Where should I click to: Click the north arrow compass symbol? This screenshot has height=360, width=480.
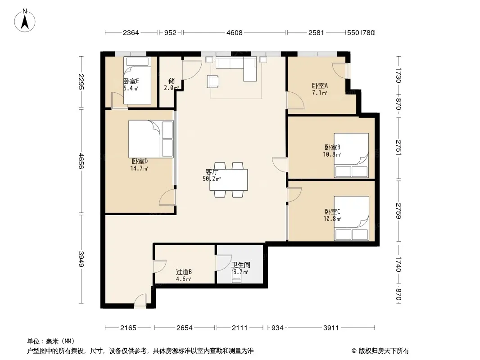25,21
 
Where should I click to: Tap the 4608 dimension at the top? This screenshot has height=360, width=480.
235,33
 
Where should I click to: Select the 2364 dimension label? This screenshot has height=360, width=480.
131,33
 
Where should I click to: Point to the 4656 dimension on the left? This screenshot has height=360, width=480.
81,161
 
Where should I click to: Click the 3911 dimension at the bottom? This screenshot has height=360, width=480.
331,328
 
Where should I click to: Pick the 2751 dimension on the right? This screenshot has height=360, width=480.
398,148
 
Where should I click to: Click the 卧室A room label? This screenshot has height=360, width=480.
320,85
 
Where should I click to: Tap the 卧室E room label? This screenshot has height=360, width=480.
131,81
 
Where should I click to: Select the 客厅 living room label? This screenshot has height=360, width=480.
212,171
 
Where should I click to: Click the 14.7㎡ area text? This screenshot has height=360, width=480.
139,168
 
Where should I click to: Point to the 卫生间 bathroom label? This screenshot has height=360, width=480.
240,265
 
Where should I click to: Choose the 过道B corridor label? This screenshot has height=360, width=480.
184,272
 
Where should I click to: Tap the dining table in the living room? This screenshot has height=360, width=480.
229,180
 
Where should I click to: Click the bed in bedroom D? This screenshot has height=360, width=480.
151,139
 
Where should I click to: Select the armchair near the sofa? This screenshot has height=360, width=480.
213,81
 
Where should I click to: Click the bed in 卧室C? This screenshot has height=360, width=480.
351,218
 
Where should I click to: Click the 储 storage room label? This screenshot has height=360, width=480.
172,81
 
